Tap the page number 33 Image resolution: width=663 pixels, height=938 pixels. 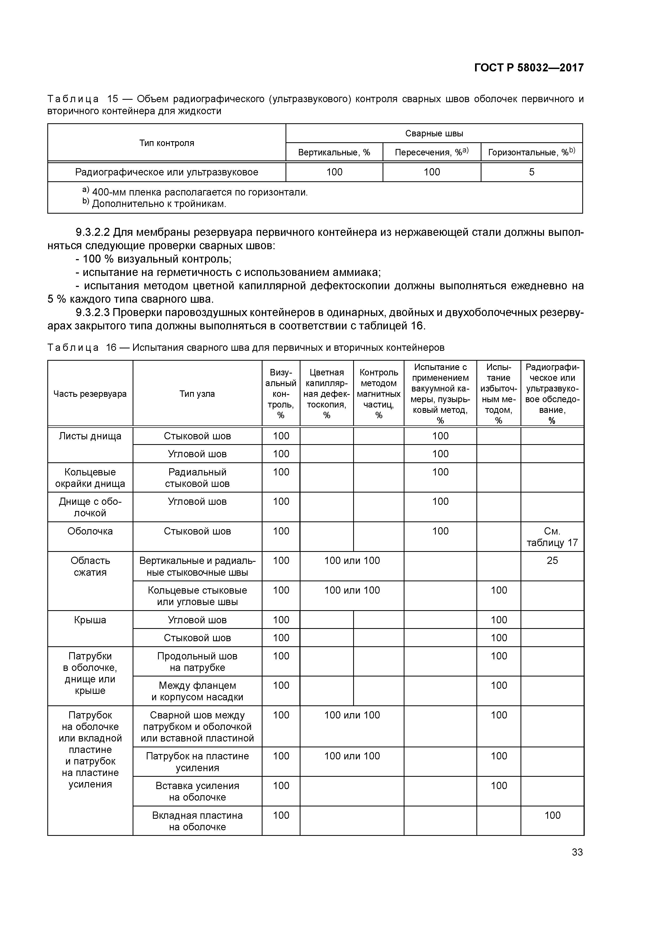577,852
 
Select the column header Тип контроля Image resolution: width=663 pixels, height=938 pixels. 167,143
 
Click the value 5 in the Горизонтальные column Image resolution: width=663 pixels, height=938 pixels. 531,172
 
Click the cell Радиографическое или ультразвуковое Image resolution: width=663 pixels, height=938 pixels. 167,172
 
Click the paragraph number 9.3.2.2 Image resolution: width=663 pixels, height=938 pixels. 93,232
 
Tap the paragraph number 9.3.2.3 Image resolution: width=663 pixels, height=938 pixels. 93,313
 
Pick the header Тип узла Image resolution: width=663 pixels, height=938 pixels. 197,394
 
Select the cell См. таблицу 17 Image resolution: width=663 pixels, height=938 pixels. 552,537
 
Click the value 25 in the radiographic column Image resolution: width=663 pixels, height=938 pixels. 552,560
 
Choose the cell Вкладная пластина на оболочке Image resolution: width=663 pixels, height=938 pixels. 197,821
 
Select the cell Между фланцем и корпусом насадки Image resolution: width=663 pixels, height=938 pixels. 197,691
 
